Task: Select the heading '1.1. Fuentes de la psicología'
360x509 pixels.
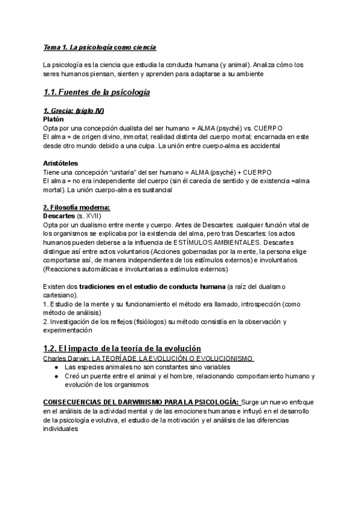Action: pos(97,92)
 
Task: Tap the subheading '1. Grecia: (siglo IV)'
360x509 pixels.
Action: pos(70,111)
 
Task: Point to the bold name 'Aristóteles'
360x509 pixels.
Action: pos(61,163)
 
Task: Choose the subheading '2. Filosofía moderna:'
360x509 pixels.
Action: pos(76,207)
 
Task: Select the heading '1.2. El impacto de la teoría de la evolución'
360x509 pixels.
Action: pos(122,349)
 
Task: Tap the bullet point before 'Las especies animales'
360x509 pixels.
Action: pos(56,367)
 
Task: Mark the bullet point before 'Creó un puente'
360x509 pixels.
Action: pos(56,376)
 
